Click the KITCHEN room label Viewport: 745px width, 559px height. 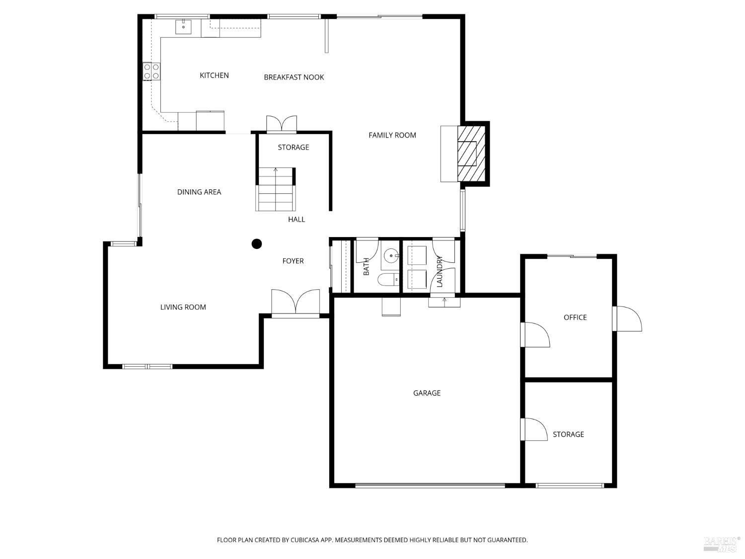click(x=214, y=76)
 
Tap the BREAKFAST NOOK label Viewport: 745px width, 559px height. click(x=294, y=77)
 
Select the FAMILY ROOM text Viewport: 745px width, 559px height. click(x=392, y=135)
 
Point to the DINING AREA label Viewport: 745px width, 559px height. click(x=199, y=192)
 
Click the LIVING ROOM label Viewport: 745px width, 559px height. click(x=183, y=307)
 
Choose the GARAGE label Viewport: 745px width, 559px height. click(x=427, y=393)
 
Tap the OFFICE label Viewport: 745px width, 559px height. click(x=575, y=318)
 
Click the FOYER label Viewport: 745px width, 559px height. click(x=293, y=261)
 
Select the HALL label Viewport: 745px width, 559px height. click(x=296, y=219)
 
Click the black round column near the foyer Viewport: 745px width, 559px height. click(x=257, y=243)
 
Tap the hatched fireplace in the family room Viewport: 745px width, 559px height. click(x=470, y=154)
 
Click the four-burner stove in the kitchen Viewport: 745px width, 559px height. click(x=151, y=72)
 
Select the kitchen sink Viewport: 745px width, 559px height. click(x=183, y=27)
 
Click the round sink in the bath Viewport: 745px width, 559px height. click(x=392, y=256)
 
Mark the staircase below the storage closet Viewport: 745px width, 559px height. click(x=276, y=190)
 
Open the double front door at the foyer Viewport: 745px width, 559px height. click(x=296, y=303)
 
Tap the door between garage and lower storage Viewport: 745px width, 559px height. click(x=533, y=429)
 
